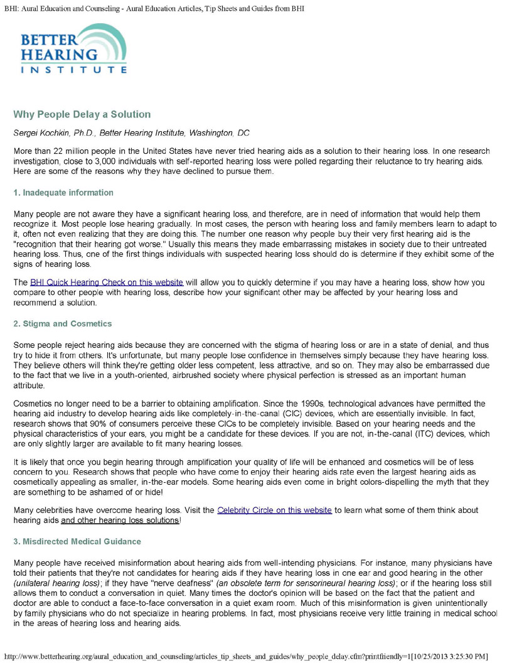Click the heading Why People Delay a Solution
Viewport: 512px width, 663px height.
pyautogui.click(x=82, y=114)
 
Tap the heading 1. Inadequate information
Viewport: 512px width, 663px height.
pyautogui.click(x=63, y=192)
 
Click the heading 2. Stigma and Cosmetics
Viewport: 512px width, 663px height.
pyautogui.click(x=63, y=323)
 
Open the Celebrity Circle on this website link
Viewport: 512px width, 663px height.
pyautogui.click(x=274, y=510)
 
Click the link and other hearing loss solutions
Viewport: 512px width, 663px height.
pyautogui.click(x=120, y=520)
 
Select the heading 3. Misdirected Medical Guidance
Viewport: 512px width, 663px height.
pyautogui.click(x=77, y=541)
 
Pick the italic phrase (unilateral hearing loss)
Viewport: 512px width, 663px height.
pyautogui.click(x=57, y=583)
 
